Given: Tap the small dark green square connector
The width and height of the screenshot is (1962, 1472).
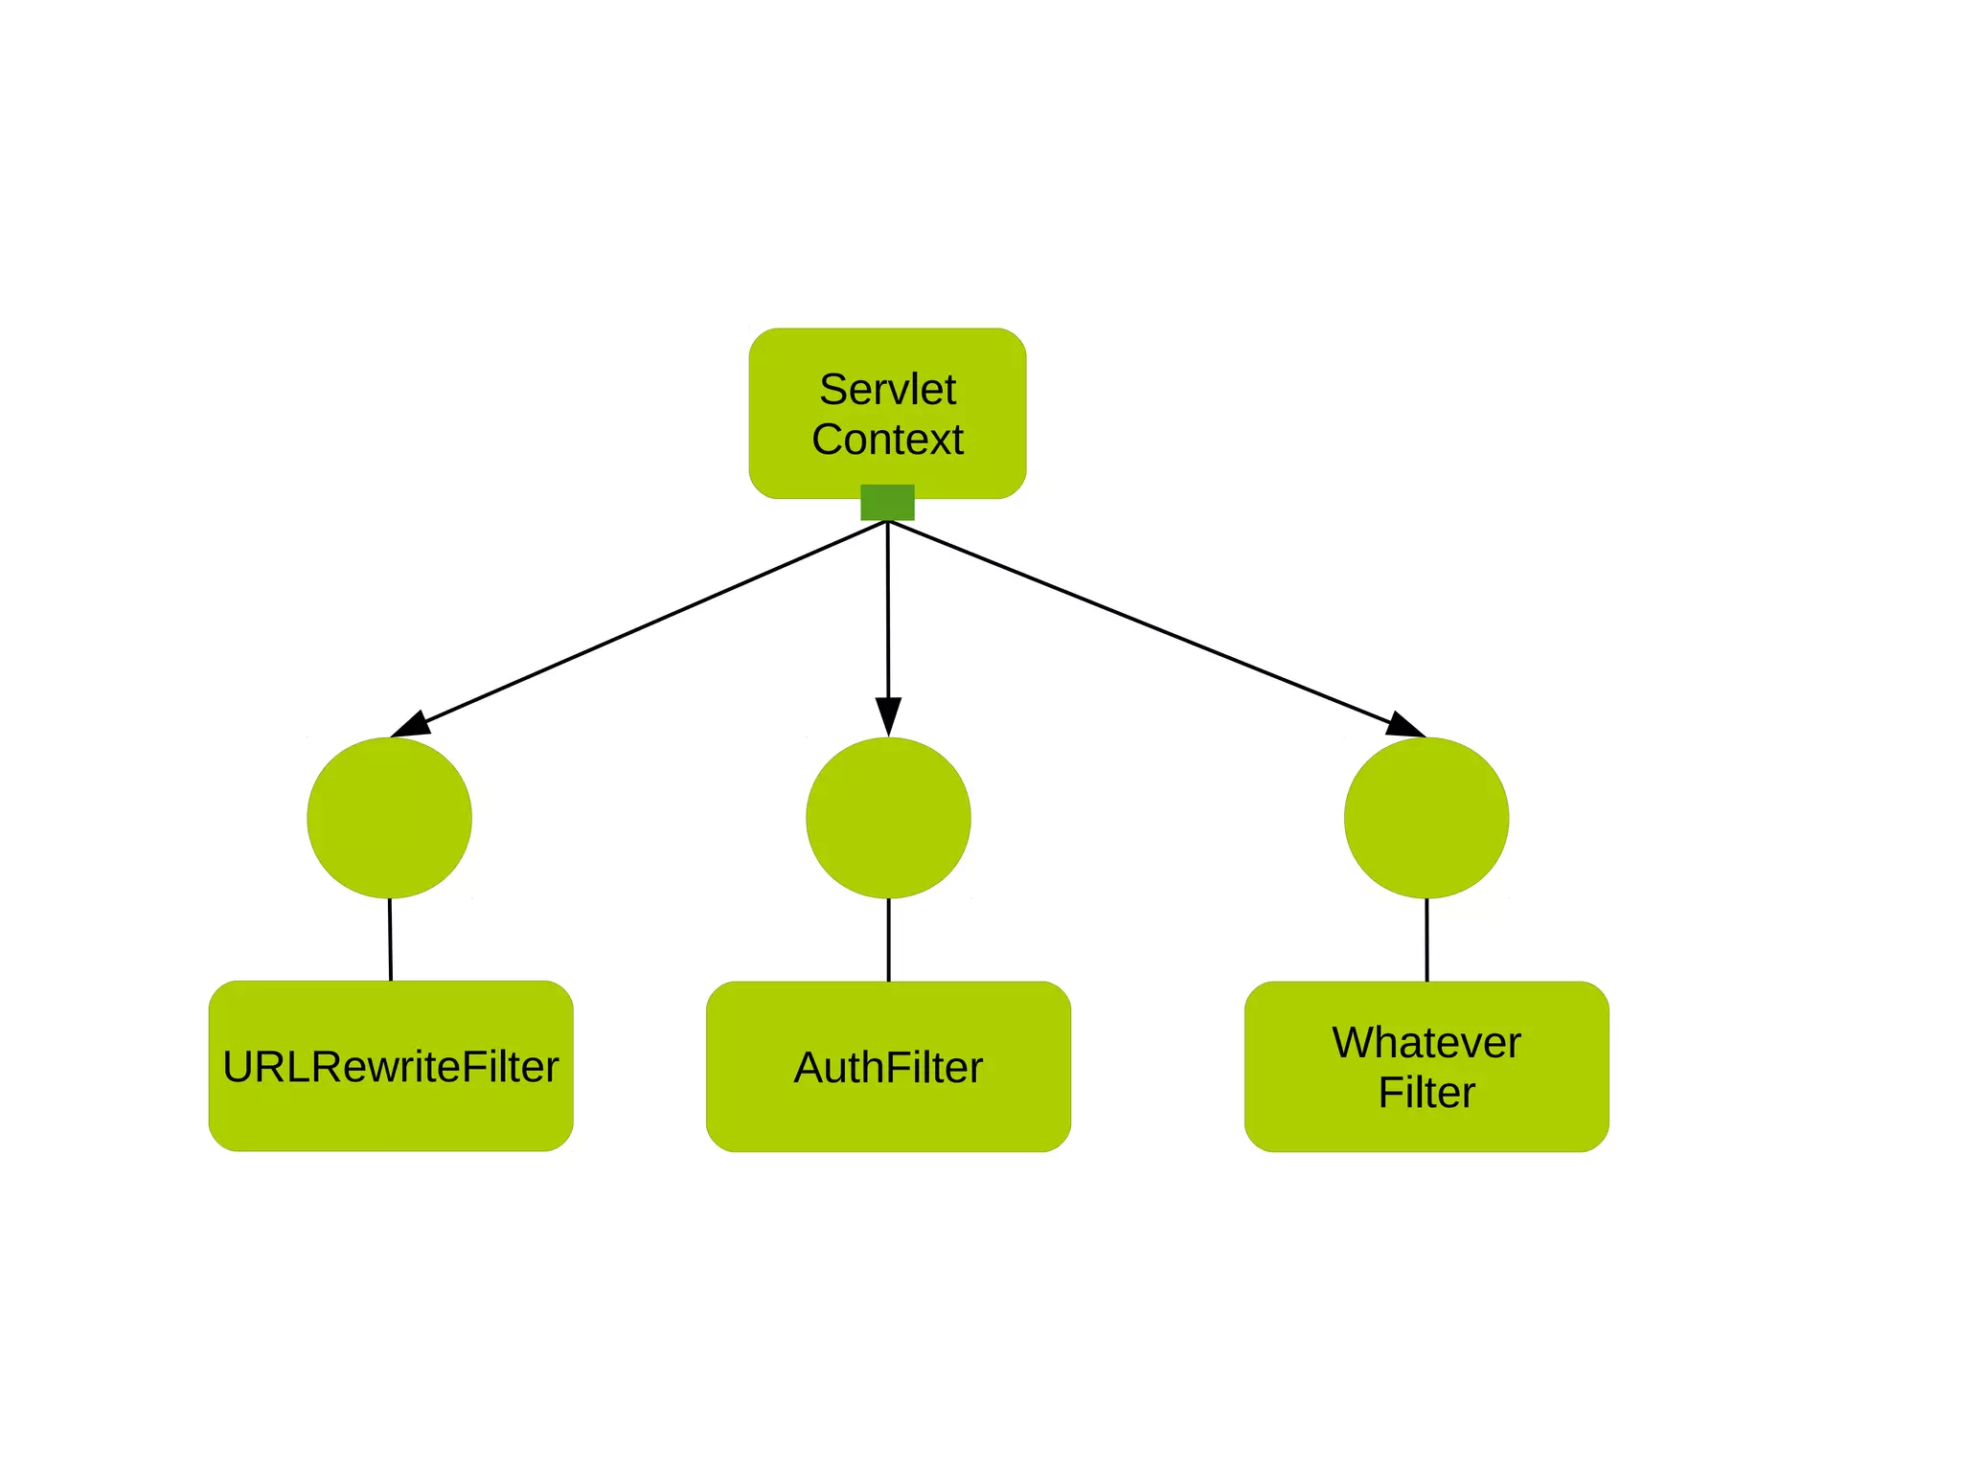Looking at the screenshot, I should pos(887,503).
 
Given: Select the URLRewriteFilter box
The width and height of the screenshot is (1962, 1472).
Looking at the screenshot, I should pos(391,1066).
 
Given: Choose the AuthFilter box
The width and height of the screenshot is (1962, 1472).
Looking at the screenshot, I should pos(888,1067).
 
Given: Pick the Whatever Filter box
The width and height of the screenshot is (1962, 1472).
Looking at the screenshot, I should pos(1426,1067).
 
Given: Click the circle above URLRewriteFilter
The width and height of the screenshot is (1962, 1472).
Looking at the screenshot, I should pos(389,818).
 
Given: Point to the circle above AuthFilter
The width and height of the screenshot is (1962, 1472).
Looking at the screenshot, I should pos(888,818).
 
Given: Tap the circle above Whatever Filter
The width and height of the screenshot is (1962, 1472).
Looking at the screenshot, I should pos(1426,818).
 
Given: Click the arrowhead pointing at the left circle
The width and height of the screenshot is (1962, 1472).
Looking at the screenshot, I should pos(412,725).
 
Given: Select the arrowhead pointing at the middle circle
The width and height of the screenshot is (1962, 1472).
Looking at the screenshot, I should pos(888,716).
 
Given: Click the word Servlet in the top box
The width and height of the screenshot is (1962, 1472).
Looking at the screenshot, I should pos(887,390).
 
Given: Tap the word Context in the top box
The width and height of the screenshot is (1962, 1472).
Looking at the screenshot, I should pos(887,440).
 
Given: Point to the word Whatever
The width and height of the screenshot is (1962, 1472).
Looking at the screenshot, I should pos(1426,1042).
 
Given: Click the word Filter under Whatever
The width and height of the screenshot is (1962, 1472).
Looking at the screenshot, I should pos(1426,1093).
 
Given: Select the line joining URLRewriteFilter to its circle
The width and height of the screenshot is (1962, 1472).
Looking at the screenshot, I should pos(390,940).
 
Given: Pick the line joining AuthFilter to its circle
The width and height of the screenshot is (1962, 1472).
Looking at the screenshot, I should pos(888,940).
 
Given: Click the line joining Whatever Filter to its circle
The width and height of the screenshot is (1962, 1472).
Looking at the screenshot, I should pos(1426,940).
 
